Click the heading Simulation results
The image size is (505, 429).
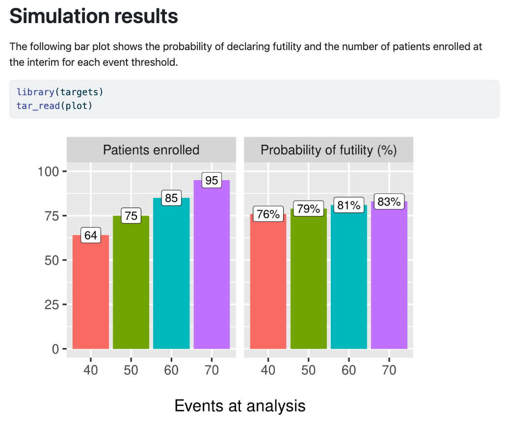[x=93, y=16]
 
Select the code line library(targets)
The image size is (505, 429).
[x=60, y=92]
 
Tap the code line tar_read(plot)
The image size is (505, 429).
[x=54, y=106]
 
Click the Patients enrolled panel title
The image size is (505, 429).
[x=151, y=150]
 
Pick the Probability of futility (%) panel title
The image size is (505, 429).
[x=328, y=150]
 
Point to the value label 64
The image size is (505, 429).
[x=90, y=236]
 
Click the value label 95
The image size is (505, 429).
[x=212, y=180]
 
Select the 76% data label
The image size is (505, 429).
[x=268, y=214]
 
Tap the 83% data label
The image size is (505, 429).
[x=389, y=202]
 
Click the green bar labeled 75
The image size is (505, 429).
[x=131, y=282]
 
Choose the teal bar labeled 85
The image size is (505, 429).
[x=171, y=273]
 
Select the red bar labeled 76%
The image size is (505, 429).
[x=268, y=281]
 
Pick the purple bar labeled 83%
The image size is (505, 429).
[x=389, y=275]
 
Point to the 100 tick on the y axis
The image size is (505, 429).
[x=48, y=171]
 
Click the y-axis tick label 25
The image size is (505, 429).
[x=52, y=304]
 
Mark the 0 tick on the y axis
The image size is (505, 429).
[x=55, y=349]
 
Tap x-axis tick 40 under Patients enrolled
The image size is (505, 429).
[x=90, y=370]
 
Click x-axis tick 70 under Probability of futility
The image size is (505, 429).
[x=389, y=370]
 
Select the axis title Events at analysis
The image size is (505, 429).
[x=240, y=405]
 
